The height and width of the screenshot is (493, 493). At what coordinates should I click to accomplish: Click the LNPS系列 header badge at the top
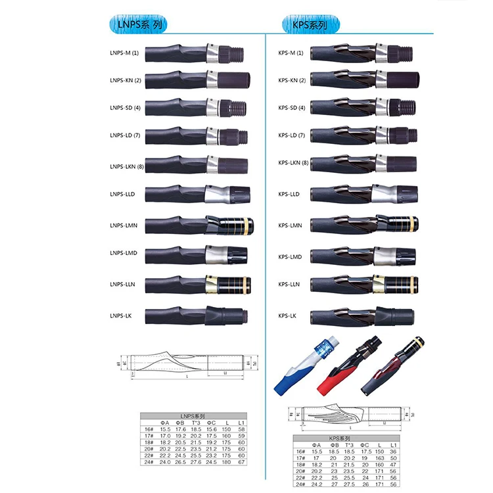137,25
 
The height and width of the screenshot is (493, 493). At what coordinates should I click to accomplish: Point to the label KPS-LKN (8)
293,162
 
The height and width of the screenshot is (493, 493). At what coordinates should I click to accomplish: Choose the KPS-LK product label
287,316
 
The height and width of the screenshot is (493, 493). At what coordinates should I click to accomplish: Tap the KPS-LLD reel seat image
362,194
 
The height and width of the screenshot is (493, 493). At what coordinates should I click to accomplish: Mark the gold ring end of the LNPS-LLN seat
246,285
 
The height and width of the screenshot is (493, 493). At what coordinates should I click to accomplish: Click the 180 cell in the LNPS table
227,462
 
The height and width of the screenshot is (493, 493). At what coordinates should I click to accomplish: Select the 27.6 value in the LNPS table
195,462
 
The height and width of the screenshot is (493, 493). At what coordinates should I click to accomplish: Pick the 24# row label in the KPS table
301,484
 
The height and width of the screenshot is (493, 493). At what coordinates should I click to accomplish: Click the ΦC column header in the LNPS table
211,422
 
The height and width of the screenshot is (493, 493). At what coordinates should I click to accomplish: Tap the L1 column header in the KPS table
393,446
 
